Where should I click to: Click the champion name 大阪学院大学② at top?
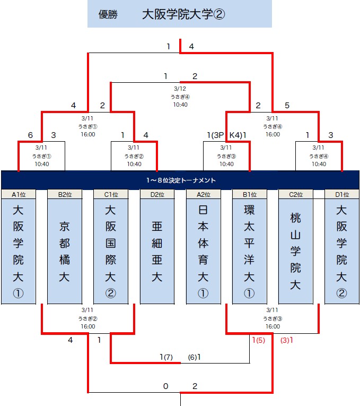tap(183, 14)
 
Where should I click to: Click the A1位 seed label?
tap(19, 194)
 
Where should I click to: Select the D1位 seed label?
tap(342, 194)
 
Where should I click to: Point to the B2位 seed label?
tap(65, 194)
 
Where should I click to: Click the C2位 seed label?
tap(296, 194)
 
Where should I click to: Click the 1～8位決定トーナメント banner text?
tap(180, 180)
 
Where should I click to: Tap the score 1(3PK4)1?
tap(227, 135)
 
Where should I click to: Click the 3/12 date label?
tap(180, 89)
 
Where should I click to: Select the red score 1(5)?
tap(258, 340)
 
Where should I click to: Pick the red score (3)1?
tap(287, 340)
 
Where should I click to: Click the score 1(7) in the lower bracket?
tap(166, 357)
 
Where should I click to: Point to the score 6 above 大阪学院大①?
tap(30, 135)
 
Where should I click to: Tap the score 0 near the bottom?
tap(165, 386)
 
